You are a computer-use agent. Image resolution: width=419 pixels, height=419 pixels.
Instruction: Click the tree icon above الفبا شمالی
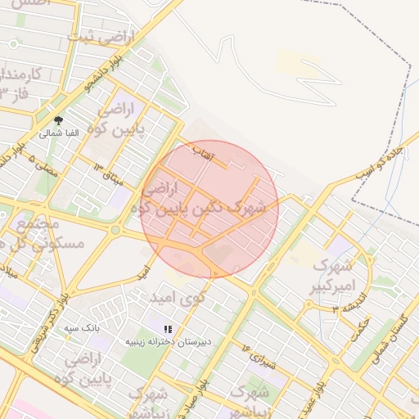[x=57, y=120]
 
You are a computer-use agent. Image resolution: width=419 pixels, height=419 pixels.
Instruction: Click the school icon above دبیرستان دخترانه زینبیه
[x=168, y=329]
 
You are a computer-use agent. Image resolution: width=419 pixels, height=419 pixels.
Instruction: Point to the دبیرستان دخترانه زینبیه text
[x=168, y=341]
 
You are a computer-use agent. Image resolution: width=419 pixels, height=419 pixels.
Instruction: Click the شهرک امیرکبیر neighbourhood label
[x=332, y=277]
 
